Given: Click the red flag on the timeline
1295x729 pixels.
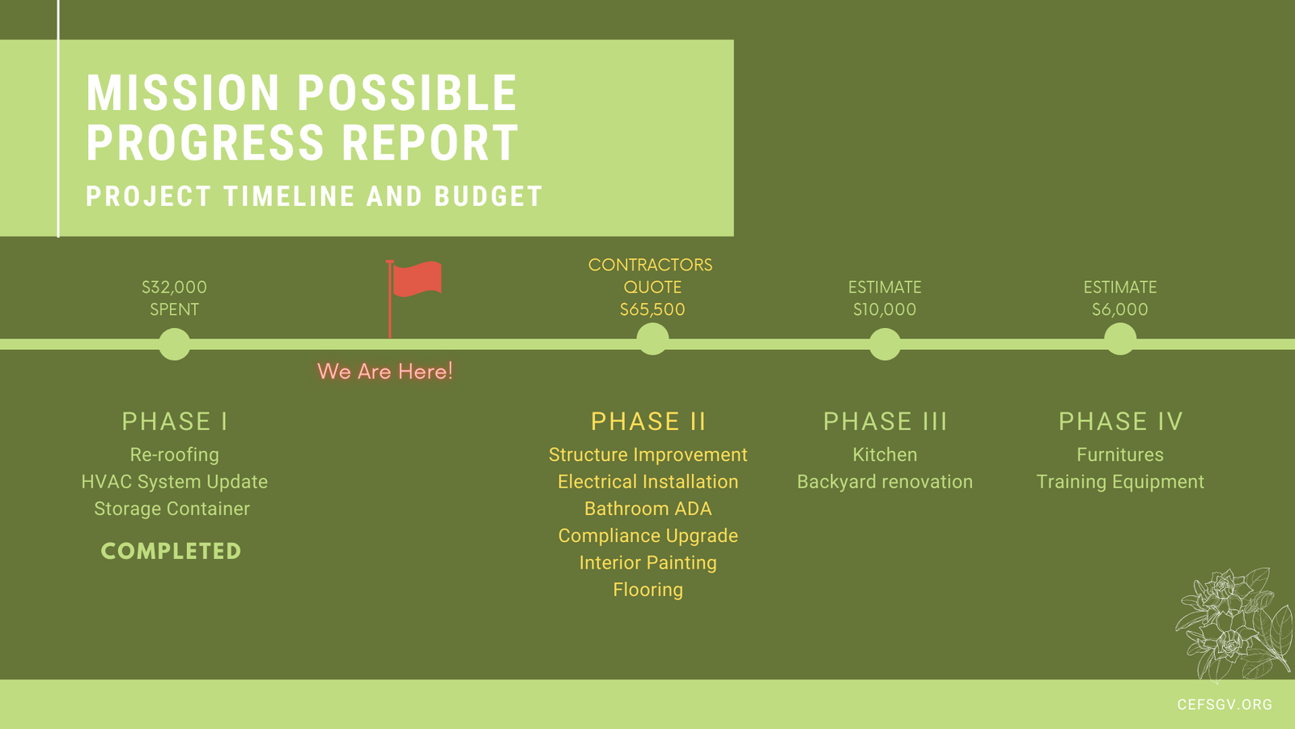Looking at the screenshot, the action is coord(416,279).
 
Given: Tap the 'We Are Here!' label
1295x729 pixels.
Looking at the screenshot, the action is coord(385,372).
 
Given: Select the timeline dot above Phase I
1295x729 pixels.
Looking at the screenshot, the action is coord(175,344).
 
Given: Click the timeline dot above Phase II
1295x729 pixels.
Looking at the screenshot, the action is coord(652,339).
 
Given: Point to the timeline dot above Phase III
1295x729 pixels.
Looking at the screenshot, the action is coord(885,344).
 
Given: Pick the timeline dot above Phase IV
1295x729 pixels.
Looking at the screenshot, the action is coord(1120,339).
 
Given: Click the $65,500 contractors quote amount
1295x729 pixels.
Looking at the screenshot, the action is coord(652,309).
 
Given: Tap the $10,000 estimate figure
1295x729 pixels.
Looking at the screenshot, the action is coord(885,309).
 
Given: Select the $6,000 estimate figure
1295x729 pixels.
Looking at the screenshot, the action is coord(1120,309).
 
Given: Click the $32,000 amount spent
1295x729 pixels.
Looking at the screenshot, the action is coord(175,287).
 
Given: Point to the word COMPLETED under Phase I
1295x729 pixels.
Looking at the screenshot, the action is coord(171,552).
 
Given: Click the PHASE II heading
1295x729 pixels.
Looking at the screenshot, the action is coord(648,421).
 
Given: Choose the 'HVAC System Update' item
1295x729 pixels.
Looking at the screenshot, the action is coord(175,482).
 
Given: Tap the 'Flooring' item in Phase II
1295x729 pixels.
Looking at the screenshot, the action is coord(648,590).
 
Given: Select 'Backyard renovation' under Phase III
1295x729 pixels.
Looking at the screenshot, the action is coord(885,482).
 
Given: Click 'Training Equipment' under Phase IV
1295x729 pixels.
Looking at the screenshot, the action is coord(1120,482).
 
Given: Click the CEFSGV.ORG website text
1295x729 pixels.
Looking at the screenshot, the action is coord(1225,705).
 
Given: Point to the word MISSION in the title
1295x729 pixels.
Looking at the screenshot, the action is coord(183,92).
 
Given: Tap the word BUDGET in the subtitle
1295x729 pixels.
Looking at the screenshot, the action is coord(489,197).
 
